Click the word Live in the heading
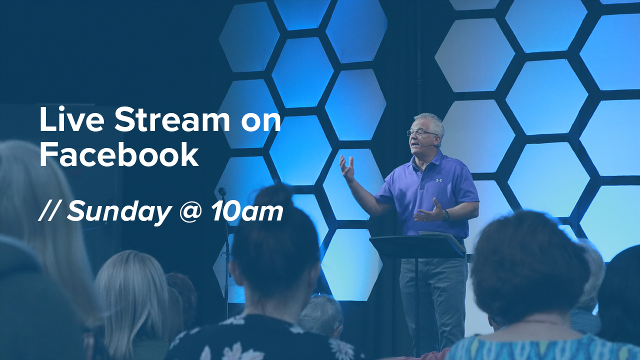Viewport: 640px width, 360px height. pyautogui.click(x=72, y=119)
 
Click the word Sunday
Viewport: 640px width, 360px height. pyautogui.click(x=118, y=212)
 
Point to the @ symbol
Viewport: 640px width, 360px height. pyautogui.click(x=191, y=212)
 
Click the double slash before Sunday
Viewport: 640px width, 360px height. pyautogui.click(x=48, y=211)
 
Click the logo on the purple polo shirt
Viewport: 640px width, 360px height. pyautogui.click(x=439, y=180)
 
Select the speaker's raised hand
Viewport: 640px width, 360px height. pyautogui.click(x=347, y=168)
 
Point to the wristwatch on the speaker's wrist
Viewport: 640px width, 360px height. pyautogui.click(x=446, y=215)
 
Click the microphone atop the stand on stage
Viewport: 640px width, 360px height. pyautogui.click(x=222, y=191)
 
